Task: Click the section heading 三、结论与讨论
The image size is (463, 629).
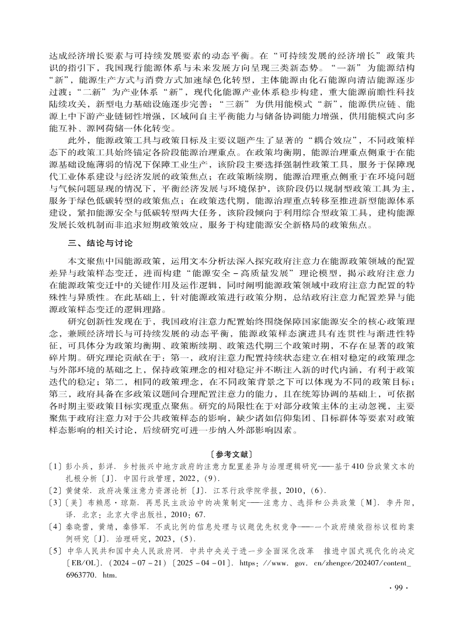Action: coord(100,242)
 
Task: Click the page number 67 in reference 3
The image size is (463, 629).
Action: coord(200,515)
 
